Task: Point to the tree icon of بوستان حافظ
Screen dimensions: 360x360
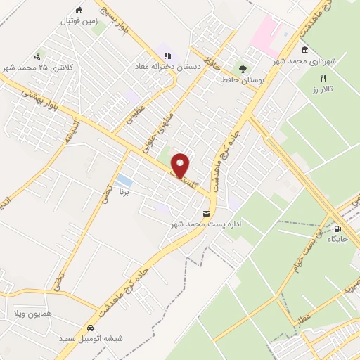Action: (x=243, y=69)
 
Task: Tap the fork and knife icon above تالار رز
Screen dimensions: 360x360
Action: (x=323, y=78)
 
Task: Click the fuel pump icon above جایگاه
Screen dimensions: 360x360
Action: (x=339, y=228)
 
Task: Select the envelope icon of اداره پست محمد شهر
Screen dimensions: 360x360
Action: (x=206, y=214)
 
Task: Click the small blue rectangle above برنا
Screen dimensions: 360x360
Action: (x=124, y=179)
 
